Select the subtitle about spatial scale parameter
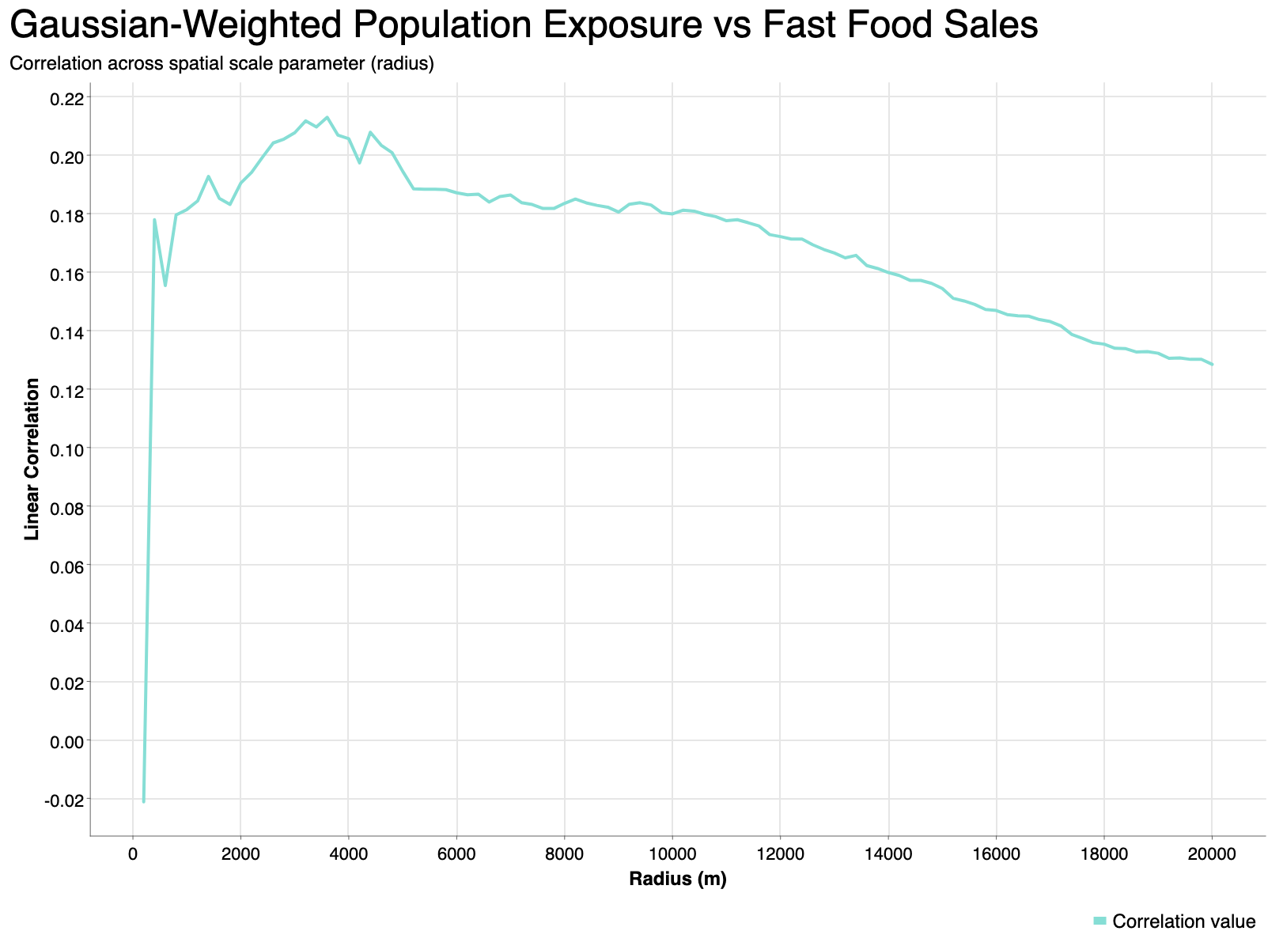221,65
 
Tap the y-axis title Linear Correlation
32,459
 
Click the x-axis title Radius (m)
678,879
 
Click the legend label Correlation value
1183,921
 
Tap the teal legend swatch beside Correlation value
1099,921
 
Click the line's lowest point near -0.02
144,801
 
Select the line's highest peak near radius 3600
327,117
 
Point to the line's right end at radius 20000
1212,364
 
